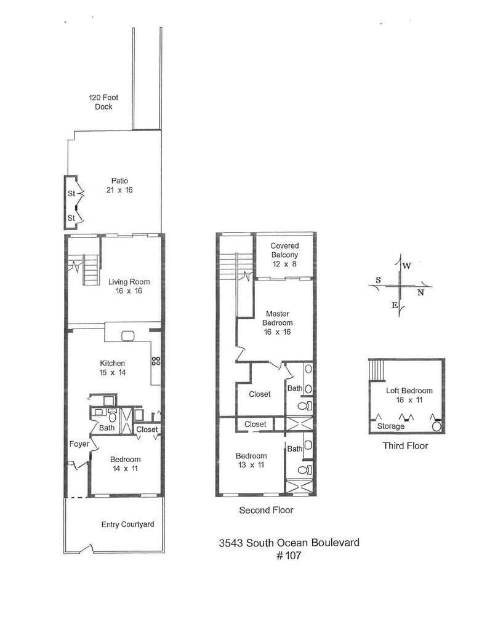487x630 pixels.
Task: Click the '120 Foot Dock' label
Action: [101, 102]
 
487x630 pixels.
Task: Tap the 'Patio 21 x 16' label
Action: [119, 186]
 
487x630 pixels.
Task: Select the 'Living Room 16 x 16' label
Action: [129, 287]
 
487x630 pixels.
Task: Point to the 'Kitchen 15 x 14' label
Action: [113, 367]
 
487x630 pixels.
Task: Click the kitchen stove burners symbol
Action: [156, 361]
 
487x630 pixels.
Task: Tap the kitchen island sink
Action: [129, 336]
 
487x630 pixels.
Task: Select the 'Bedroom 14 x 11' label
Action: [125, 464]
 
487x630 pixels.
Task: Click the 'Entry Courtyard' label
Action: [127, 525]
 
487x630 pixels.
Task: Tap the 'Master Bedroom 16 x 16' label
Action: [278, 323]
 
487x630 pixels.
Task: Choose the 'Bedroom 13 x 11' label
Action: [251, 460]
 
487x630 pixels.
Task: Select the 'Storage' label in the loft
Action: [390, 426]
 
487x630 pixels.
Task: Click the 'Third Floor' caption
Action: [404, 446]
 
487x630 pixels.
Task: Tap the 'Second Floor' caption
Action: [266, 510]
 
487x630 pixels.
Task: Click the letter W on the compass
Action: [407, 266]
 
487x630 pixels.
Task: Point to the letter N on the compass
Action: [421, 293]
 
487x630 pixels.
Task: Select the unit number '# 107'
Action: [289, 556]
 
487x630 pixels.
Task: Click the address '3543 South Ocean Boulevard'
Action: [289, 543]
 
